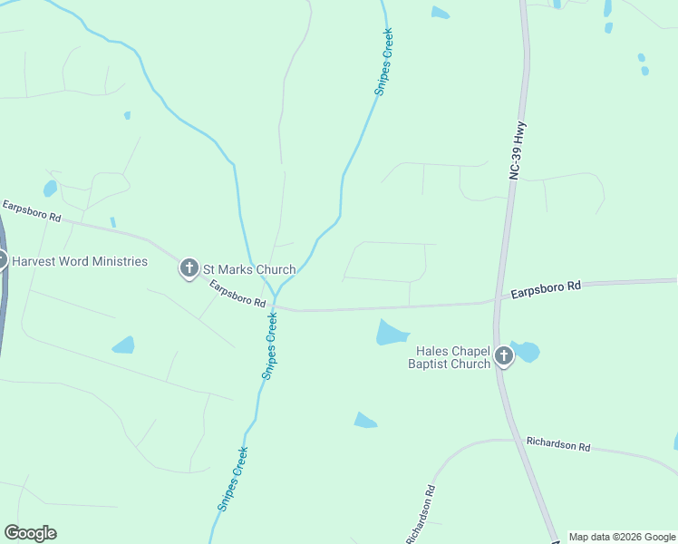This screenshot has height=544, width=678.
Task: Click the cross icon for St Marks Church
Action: tap(189, 267)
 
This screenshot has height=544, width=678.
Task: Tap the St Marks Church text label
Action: tap(248, 269)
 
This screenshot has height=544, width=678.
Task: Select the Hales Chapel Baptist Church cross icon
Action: tap(503, 356)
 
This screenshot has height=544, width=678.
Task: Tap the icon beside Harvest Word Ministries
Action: tap(1, 260)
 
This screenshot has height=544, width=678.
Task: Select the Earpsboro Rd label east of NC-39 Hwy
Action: tap(545, 289)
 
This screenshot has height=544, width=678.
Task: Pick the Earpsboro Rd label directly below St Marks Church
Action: tap(237, 293)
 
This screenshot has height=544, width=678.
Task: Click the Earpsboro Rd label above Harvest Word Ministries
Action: tap(30, 212)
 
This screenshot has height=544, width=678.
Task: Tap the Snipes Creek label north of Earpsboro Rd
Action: tap(383, 63)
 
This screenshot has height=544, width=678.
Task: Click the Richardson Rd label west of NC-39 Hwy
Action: tap(422, 513)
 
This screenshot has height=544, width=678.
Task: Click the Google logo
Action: tap(30, 533)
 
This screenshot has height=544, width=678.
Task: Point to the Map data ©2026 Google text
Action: tap(623, 537)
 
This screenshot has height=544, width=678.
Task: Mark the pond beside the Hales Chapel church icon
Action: tap(526, 351)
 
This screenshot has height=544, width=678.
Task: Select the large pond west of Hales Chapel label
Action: tap(392, 332)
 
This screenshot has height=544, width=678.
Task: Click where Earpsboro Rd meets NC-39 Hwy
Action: tap(499, 298)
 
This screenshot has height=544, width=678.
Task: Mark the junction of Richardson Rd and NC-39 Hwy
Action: tap(518, 441)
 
